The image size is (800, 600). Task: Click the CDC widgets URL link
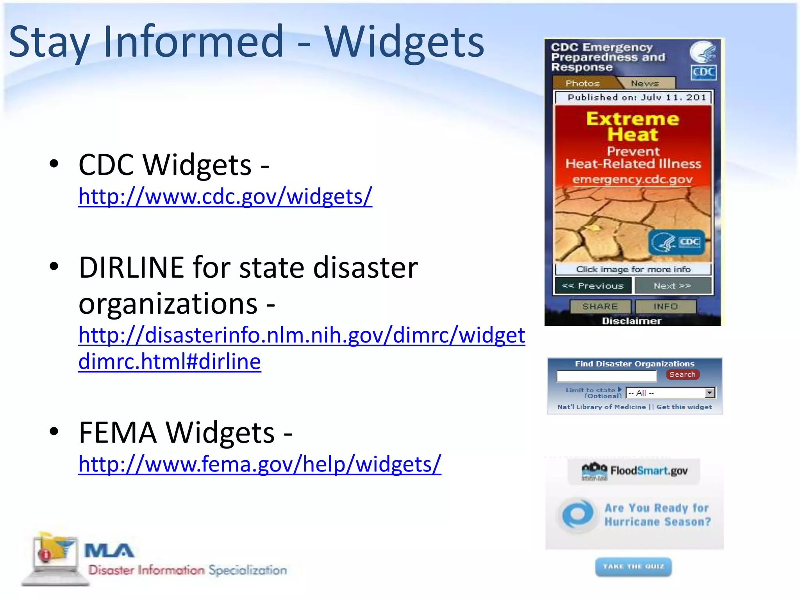225,196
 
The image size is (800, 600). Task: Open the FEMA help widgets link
259,464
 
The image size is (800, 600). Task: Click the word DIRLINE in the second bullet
131,268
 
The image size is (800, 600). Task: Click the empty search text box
606,376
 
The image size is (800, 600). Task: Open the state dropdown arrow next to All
710,393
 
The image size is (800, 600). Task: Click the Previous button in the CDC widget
593,286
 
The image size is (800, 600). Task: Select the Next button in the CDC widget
672,286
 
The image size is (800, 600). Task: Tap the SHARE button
600,307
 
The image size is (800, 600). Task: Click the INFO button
666,307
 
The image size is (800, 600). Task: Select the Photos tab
582,83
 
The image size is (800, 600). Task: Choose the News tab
645,83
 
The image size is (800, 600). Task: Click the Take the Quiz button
633,566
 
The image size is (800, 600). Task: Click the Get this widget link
684,407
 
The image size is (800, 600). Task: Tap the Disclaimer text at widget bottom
632,321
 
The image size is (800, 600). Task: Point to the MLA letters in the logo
109,551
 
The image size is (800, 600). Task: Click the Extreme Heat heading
633,126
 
